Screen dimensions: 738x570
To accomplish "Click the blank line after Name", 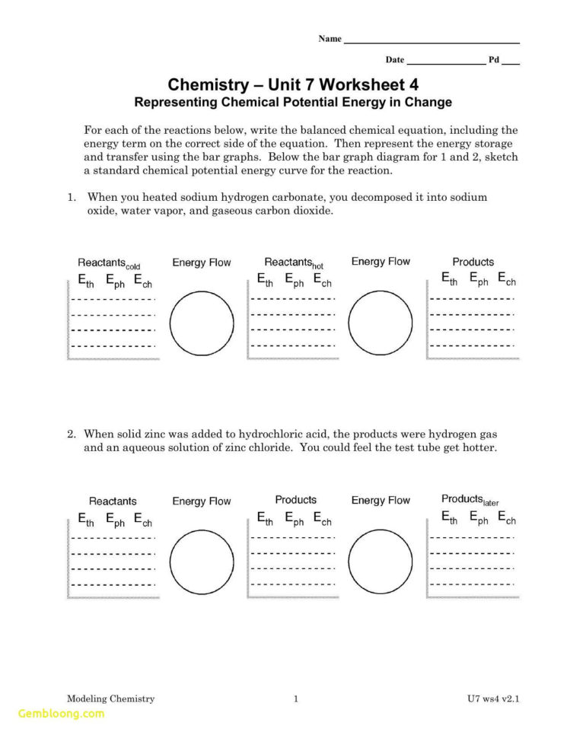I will (431, 41).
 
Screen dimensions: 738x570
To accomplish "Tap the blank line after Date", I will (446, 62).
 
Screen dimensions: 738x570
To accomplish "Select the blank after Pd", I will (511, 62).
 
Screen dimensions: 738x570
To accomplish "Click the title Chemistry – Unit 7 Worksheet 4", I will (293, 84).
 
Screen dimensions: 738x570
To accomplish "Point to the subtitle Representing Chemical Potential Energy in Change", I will (293, 102).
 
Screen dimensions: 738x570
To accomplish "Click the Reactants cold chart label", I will (109, 263).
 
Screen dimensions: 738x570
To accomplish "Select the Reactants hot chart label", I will (294, 263).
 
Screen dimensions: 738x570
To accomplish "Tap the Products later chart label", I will (470, 500).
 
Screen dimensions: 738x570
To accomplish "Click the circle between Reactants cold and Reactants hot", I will (202, 323).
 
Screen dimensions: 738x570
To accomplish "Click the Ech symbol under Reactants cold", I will (143, 282).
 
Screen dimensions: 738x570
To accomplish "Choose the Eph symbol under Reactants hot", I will (294, 282).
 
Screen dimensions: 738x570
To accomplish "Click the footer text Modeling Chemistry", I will (110, 698).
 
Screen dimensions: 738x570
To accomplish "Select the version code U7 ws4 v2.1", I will (498, 698).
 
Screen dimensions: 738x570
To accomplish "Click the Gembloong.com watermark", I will (61, 714).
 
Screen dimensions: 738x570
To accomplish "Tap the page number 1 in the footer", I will (295, 698).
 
